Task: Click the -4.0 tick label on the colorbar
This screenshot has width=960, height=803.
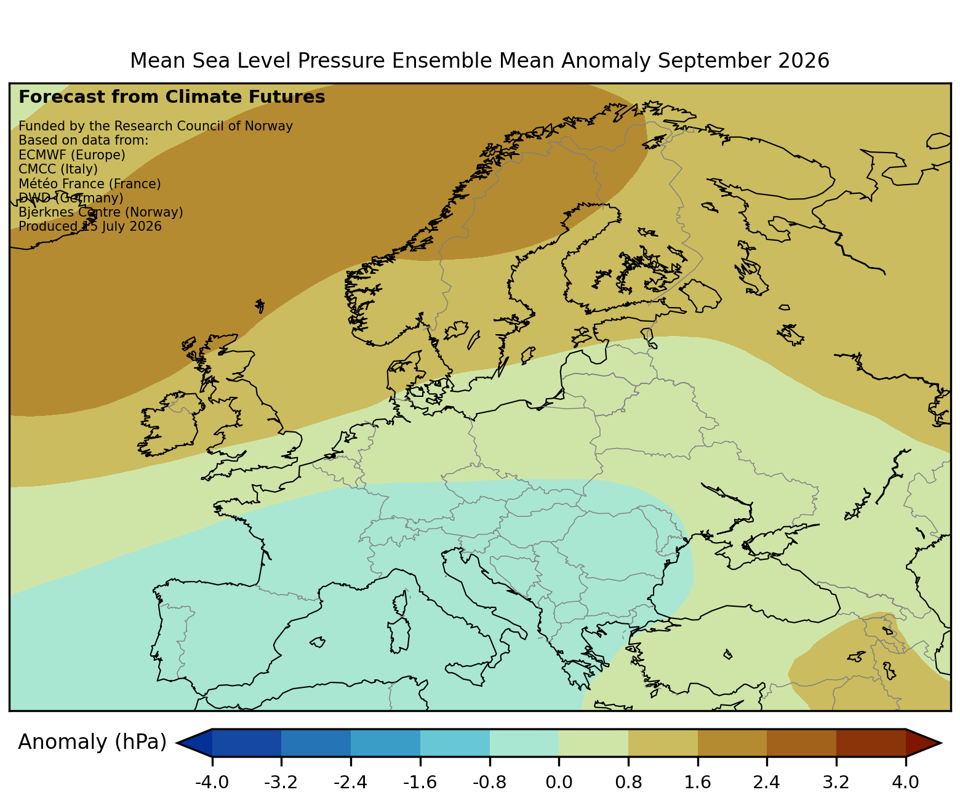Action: [212, 782]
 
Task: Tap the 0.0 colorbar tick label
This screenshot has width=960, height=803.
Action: [559, 782]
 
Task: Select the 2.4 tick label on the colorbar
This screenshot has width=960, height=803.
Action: [766, 782]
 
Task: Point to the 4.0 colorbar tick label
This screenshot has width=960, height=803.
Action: [905, 782]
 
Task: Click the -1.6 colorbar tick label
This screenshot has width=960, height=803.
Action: [420, 782]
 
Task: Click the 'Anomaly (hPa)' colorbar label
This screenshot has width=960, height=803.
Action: [92, 742]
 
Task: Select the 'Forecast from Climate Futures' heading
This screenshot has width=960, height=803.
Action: [172, 97]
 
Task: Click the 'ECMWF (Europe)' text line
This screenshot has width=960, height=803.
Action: [72, 155]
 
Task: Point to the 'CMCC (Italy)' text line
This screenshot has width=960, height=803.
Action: [58, 169]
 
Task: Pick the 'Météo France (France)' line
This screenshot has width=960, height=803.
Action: [90, 183]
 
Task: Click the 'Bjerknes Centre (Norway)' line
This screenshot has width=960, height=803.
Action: [101, 212]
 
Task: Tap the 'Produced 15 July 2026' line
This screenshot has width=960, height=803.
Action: [90, 226]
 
